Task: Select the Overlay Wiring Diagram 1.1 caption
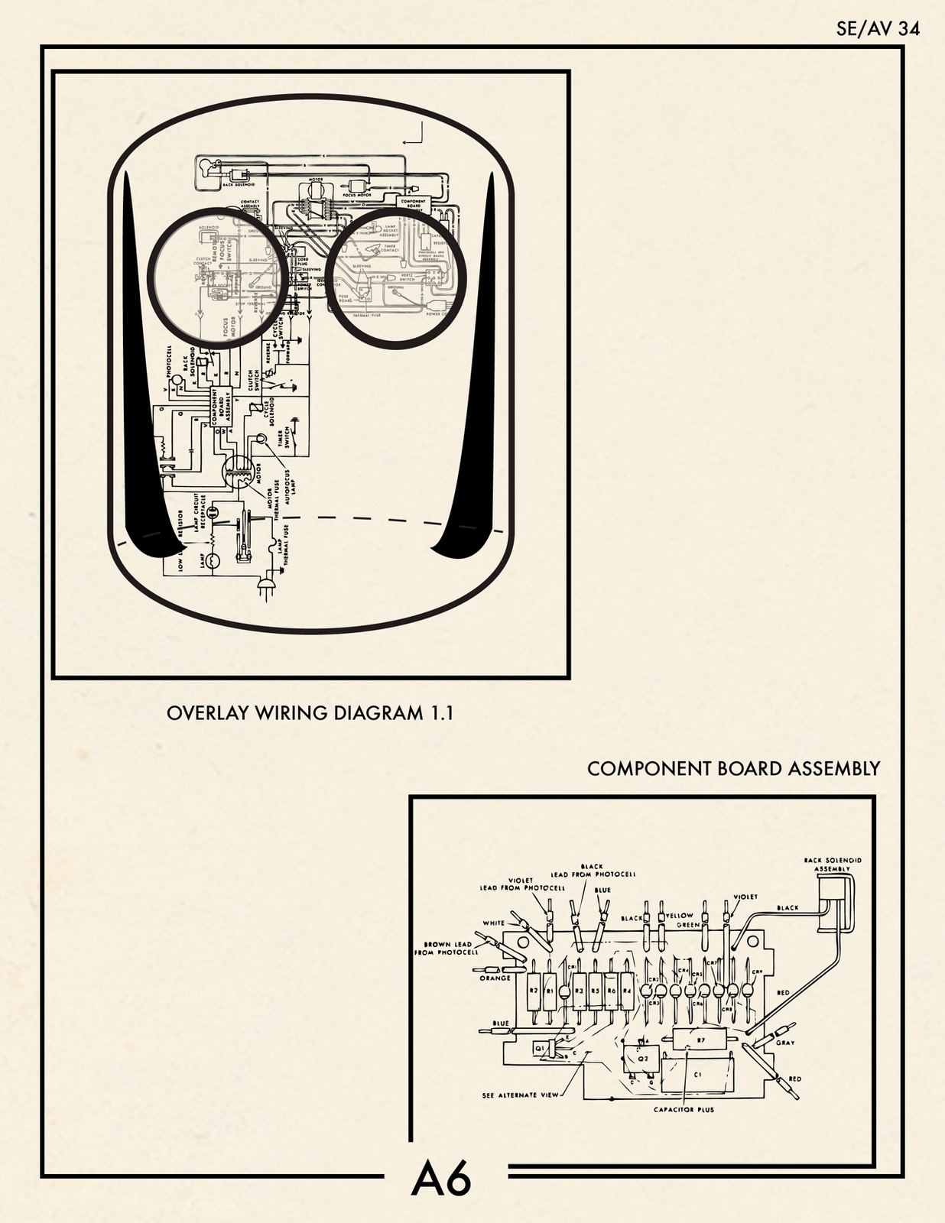pyautogui.click(x=310, y=713)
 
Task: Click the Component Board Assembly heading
pyautogui.click(x=733, y=768)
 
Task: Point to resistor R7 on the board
pyautogui.click(x=700, y=1040)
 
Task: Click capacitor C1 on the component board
pyautogui.click(x=697, y=1074)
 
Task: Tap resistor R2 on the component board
pyautogui.click(x=534, y=991)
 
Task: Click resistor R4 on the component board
pyautogui.click(x=627, y=991)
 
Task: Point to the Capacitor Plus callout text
pyautogui.click(x=684, y=1109)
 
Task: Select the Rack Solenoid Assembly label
pyautogui.click(x=832, y=864)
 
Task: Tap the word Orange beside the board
pyautogui.click(x=495, y=978)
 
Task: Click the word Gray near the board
pyautogui.click(x=784, y=1043)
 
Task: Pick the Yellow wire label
pyautogui.click(x=680, y=915)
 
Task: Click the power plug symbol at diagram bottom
pyautogui.click(x=267, y=585)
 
